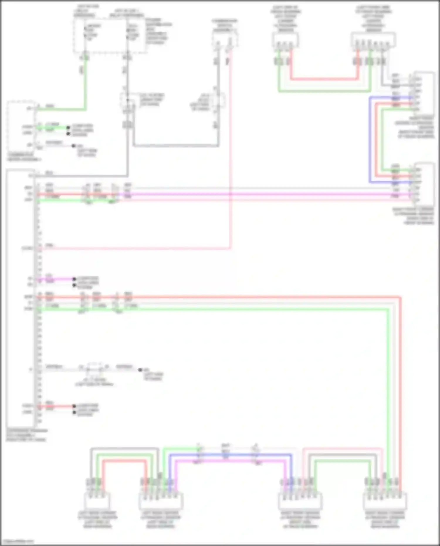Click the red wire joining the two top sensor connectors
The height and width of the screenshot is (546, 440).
click(x=324, y=79)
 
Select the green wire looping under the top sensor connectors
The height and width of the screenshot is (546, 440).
click(x=324, y=91)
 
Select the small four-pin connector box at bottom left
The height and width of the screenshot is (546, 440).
click(x=97, y=501)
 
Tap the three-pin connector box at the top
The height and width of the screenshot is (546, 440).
click(x=285, y=40)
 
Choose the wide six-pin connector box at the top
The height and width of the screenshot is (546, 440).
click(x=373, y=40)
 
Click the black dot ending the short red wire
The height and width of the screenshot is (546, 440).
click(x=74, y=406)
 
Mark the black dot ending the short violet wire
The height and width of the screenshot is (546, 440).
click(x=74, y=279)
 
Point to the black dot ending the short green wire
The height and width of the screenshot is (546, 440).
click(x=68, y=128)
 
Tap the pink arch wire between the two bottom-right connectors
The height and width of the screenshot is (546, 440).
click(x=343, y=449)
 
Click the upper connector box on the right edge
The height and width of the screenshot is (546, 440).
click(x=424, y=91)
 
